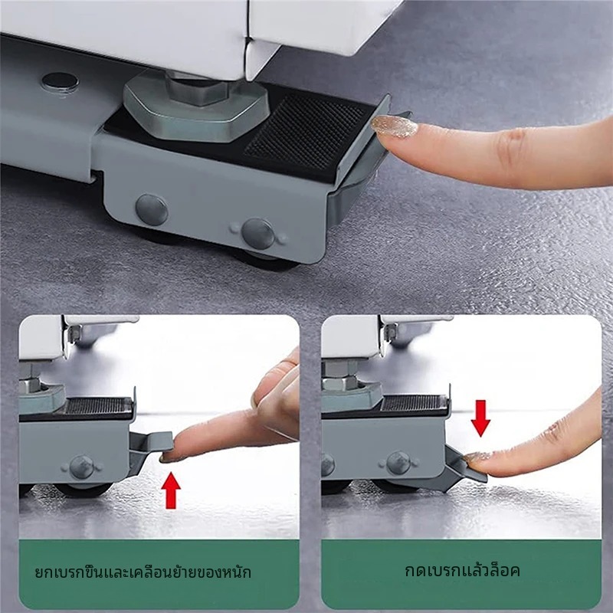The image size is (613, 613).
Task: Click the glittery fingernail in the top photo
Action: tap(394, 126)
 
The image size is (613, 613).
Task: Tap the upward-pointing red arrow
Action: tap(171, 490)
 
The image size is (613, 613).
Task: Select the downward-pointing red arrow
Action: tap(480, 418)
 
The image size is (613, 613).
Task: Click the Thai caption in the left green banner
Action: tap(143, 572)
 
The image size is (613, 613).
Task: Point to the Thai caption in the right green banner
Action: tap(462, 570)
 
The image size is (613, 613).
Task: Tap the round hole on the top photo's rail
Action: tap(61, 82)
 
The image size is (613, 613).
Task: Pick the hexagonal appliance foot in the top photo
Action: tap(195, 106)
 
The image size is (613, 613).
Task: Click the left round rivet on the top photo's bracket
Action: tap(152, 210)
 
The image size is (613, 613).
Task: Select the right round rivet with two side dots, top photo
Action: tap(258, 234)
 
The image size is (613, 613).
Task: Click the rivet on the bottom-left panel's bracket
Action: tap(81, 467)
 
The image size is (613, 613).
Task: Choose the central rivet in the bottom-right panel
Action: tap(398, 464)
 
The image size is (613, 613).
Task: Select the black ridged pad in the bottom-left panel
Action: tap(97, 406)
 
